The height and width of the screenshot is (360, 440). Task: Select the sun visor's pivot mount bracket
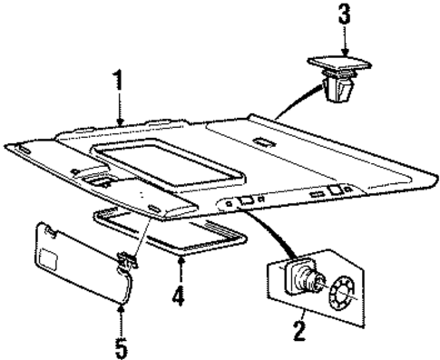(128, 262)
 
